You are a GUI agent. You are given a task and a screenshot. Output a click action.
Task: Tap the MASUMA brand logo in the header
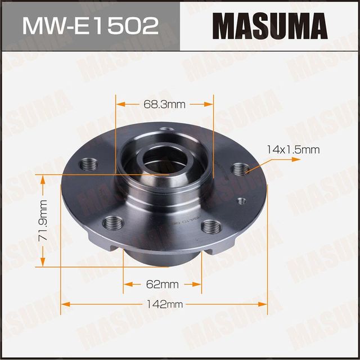click(x=270, y=25)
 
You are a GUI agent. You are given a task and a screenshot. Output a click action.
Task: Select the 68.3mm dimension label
click(x=164, y=104)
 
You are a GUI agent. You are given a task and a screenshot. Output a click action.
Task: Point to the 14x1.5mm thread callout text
click(x=293, y=150)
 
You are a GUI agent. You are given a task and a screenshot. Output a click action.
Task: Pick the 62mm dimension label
click(x=163, y=283)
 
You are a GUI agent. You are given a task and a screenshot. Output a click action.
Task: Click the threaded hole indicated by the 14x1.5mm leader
click(x=241, y=168)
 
